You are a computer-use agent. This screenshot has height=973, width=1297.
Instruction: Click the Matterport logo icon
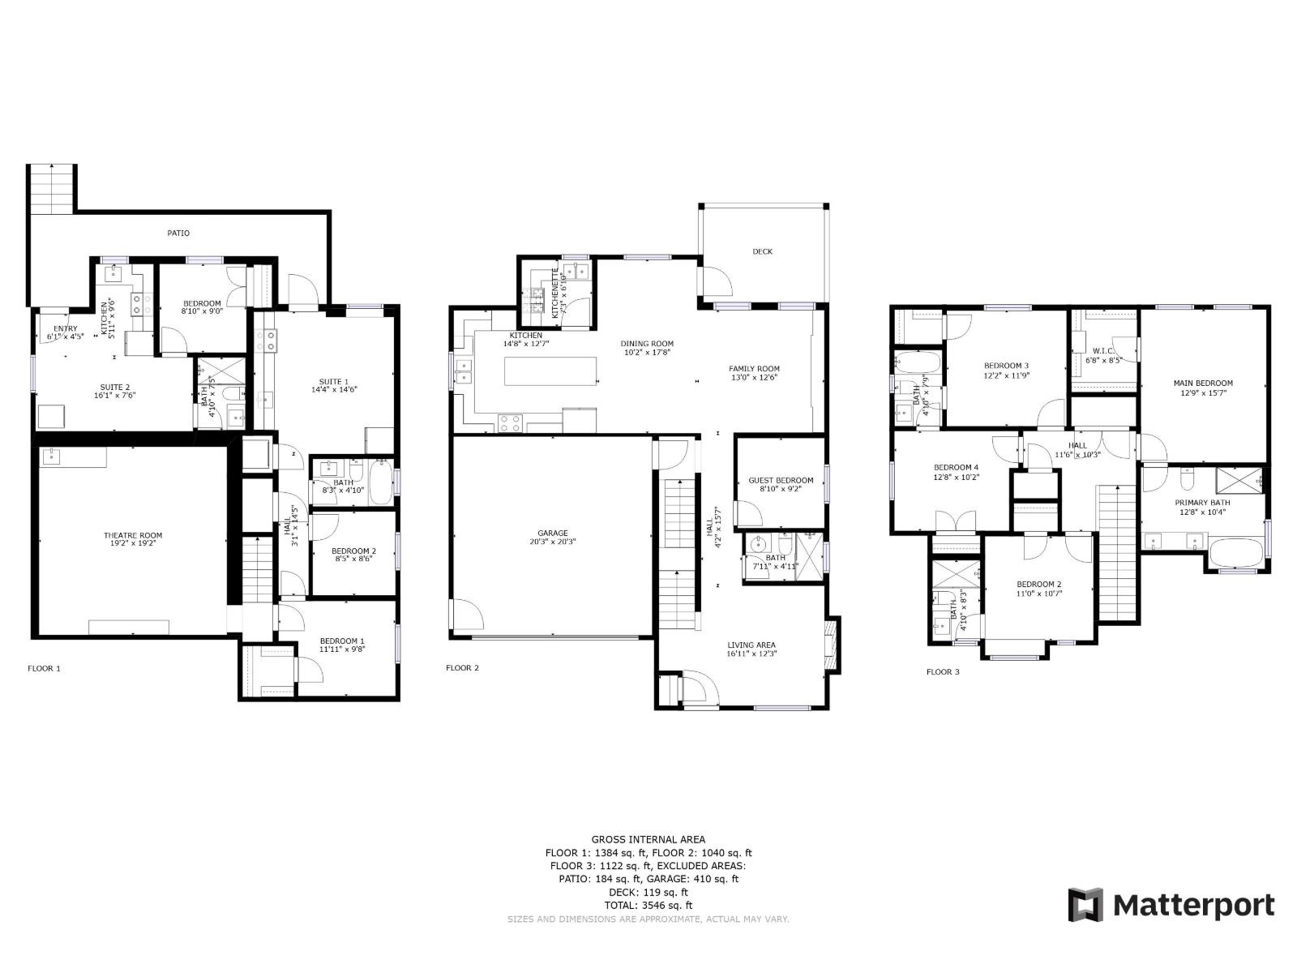[1085, 905]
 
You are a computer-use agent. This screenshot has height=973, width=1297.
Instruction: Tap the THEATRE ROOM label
[133, 539]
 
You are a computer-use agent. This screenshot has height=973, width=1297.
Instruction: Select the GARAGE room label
[552, 538]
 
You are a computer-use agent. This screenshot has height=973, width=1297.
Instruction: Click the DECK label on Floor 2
[762, 251]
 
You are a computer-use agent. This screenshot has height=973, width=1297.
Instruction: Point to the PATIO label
[178, 234]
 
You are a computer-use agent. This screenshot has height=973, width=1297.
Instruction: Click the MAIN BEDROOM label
[1203, 388]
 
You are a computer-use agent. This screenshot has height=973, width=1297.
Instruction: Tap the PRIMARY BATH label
[1202, 507]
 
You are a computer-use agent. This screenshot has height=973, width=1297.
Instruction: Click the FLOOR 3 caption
[943, 671]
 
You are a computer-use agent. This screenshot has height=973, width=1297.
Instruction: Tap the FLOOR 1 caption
[44, 668]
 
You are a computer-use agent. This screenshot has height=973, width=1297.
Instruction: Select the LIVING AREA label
[751, 649]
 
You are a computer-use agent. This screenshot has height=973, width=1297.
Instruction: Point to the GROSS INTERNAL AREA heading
[648, 839]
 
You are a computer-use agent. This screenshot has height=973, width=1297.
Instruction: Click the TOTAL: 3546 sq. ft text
[648, 905]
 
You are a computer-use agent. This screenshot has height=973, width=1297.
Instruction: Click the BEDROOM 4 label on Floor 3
[957, 472]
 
